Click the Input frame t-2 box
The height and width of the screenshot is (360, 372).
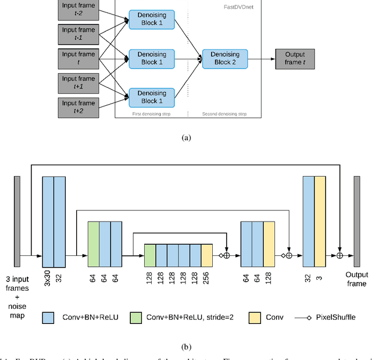(78, 9)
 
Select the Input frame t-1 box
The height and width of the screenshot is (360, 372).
(78, 33)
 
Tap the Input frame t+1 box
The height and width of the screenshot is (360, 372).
(78, 83)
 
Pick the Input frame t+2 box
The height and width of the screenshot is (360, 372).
(78, 107)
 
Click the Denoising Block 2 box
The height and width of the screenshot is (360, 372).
(224, 58)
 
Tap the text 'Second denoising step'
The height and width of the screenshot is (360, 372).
(224, 114)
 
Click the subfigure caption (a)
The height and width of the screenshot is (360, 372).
(186, 138)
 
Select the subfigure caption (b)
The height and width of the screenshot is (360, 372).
(186, 347)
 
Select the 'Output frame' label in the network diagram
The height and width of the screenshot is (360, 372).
(356, 279)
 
